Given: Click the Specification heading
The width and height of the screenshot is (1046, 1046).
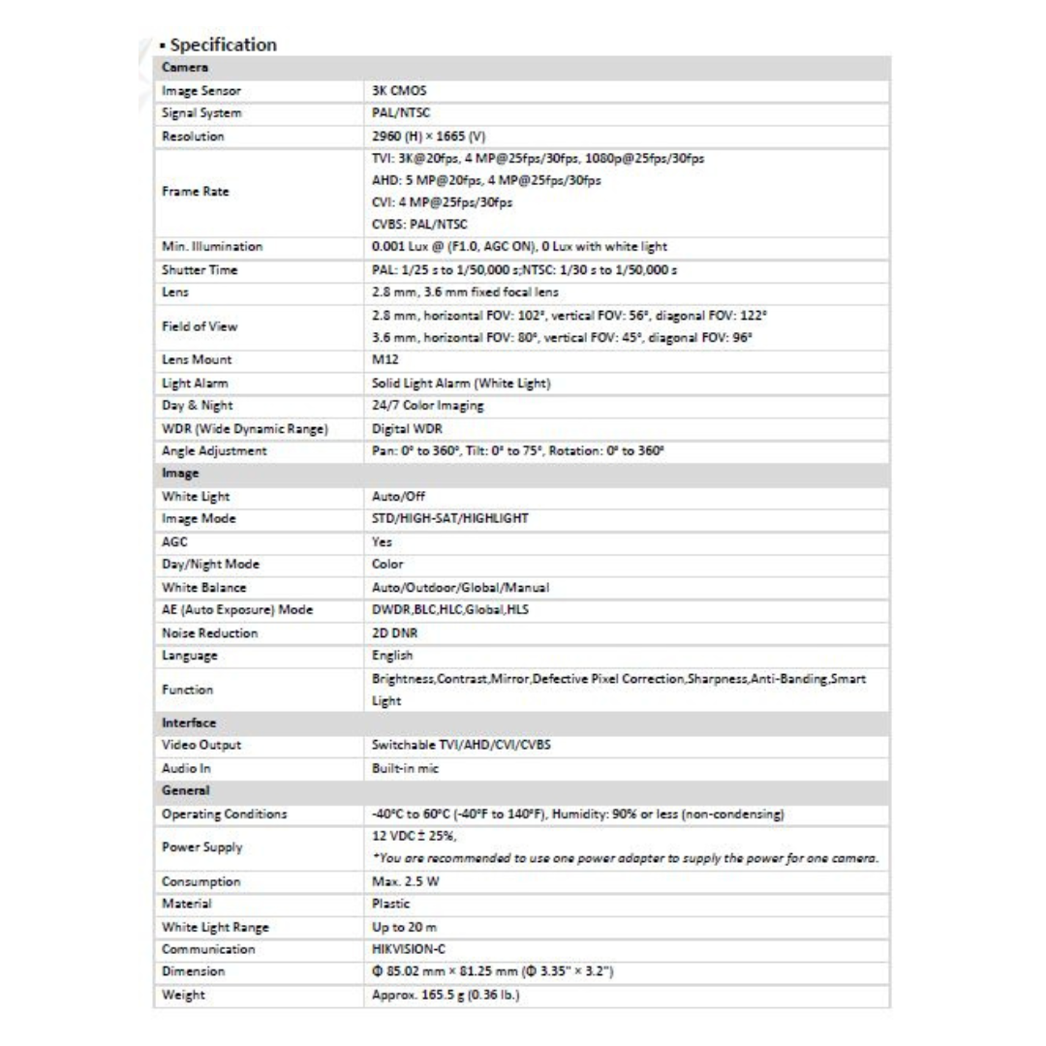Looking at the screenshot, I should [222, 45].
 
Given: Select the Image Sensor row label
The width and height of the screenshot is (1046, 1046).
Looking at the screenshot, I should [200, 91].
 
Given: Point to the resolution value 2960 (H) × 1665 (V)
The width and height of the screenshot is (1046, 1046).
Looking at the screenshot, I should [427, 137].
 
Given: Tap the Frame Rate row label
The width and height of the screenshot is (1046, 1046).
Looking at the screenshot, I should [194, 191].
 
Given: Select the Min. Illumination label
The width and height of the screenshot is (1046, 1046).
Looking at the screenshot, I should [211, 247].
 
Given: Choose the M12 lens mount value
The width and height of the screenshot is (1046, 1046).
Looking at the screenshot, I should [385, 360].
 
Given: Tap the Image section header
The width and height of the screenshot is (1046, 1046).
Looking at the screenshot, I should [180, 474].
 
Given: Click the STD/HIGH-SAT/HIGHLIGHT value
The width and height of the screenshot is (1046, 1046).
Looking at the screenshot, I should [449, 518].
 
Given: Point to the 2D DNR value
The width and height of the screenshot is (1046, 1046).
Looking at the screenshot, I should [394, 632].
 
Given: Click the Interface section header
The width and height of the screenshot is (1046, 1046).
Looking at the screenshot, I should [189, 723].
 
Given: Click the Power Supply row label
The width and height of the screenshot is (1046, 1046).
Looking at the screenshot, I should [201, 846].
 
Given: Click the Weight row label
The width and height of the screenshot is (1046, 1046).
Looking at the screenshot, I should [183, 995].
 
